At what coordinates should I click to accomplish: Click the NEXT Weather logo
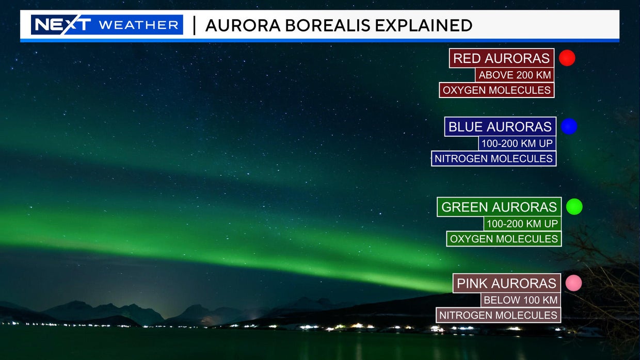tap(107, 25)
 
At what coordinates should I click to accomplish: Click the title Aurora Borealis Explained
tap(339, 25)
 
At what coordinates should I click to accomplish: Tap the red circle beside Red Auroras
tap(567, 58)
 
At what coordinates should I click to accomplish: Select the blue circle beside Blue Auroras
tap(569, 126)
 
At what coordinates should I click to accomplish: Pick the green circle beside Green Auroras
tap(574, 207)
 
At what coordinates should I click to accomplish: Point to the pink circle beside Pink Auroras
tap(573, 283)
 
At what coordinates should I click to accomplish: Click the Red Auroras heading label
tap(501, 58)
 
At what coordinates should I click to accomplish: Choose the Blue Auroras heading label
tap(500, 127)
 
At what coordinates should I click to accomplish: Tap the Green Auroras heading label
tap(499, 207)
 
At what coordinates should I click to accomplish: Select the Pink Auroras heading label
tap(506, 283)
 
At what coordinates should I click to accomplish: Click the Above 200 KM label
tap(515, 75)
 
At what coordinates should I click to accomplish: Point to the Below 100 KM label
tap(521, 300)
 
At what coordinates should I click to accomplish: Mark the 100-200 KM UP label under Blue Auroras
tap(517, 143)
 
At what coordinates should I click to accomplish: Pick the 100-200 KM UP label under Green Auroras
tap(522, 223)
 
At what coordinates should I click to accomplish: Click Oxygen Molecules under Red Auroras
tap(497, 90)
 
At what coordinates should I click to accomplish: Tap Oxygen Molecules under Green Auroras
tap(504, 239)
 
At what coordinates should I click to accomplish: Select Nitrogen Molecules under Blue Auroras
tap(493, 158)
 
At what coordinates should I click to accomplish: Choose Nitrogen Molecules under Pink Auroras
tap(498, 315)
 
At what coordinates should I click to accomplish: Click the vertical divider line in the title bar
tap(194, 25)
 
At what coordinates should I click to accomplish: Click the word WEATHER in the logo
tap(138, 25)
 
